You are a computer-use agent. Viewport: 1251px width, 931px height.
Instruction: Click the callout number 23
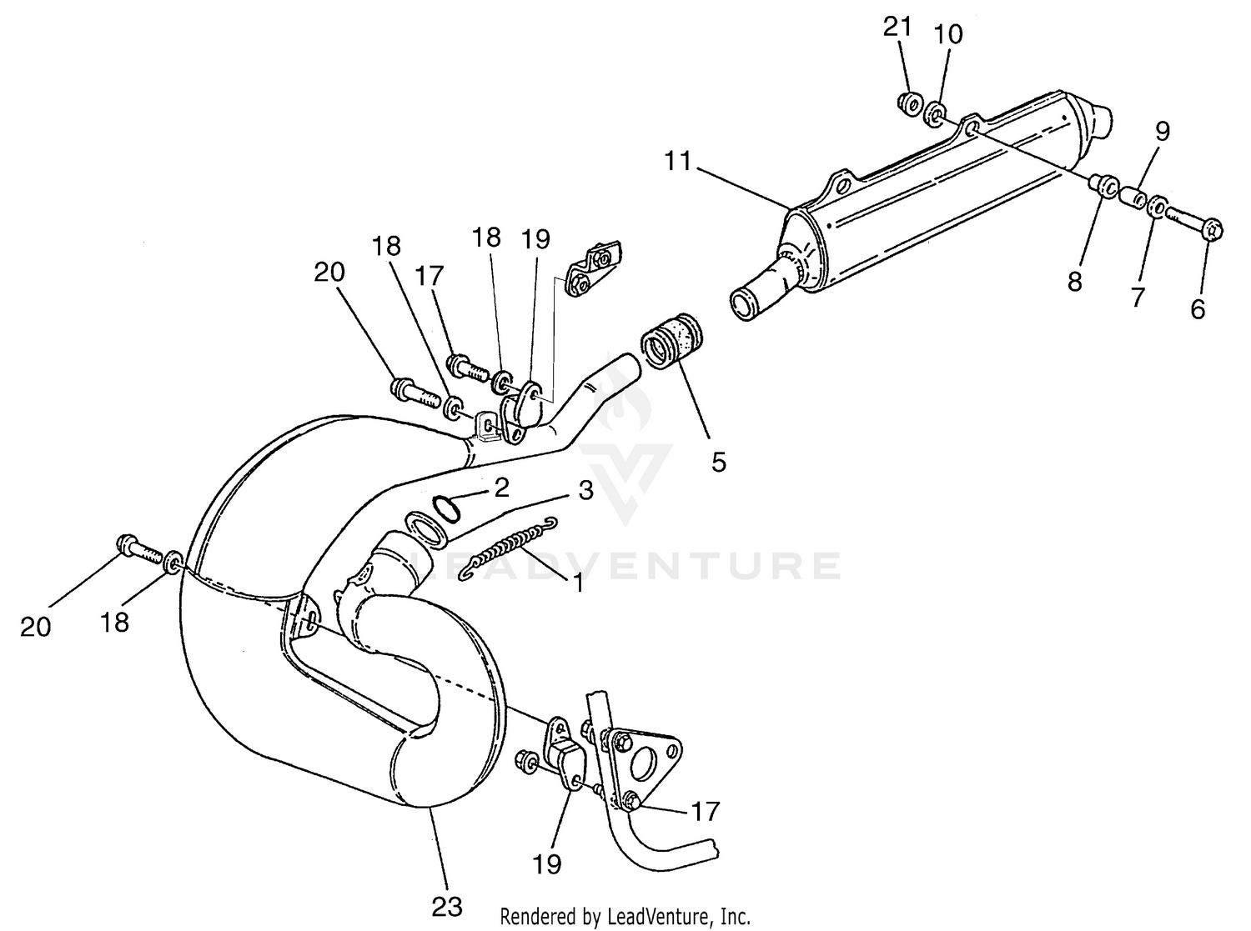pos(447,906)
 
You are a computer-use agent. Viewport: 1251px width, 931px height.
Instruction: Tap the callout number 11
pos(679,161)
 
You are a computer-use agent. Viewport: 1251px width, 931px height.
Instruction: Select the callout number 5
pos(719,461)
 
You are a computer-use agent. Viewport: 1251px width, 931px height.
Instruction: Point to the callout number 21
pos(898,28)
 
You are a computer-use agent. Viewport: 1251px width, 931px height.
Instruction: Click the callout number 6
pos(1198,309)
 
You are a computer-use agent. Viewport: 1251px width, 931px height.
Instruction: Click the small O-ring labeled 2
pos(446,507)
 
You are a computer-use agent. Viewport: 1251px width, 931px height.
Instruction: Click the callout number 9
pos(1163,131)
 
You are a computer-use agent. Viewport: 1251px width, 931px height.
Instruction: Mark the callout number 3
pos(585,490)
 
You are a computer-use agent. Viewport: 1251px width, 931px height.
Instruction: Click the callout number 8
pos(1075,282)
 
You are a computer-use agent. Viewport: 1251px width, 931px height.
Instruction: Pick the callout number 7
pos(1138,296)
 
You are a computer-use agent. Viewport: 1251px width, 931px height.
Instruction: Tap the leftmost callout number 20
pos(35,627)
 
